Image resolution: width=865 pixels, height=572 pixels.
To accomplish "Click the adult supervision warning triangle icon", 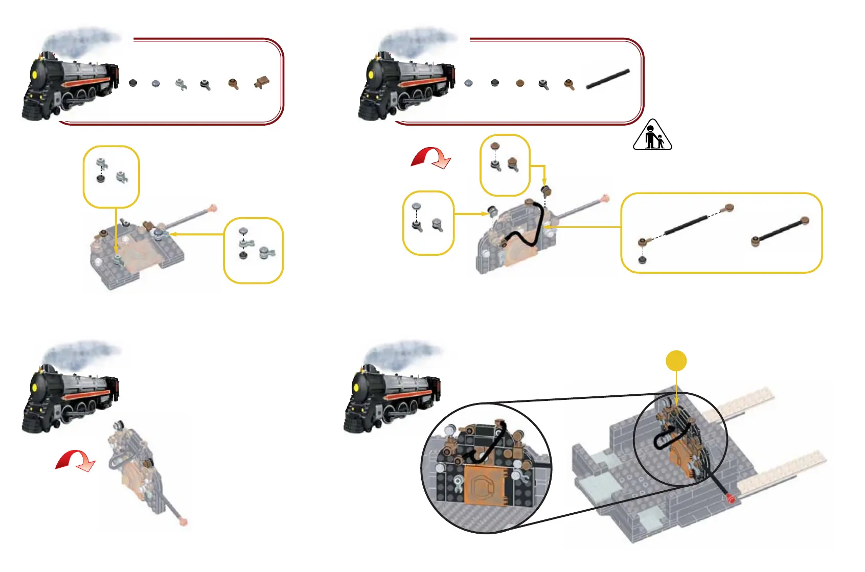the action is pyautogui.click(x=652, y=135).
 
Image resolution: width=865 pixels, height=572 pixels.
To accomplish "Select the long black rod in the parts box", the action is pyautogui.click(x=607, y=80).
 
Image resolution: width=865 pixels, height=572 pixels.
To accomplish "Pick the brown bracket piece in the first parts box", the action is pyautogui.click(x=262, y=82).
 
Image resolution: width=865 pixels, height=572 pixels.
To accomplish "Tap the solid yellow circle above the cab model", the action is pyautogui.click(x=676, y=361).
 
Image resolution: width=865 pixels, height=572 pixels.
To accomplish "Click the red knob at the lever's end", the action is pyautogui.click(x=731, y=499).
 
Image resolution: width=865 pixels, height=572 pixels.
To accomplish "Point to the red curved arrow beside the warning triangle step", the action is pyautogui.click(x=431, y=157).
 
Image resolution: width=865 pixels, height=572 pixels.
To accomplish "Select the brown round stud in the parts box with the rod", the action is pyautogui.click(x=520, y=83).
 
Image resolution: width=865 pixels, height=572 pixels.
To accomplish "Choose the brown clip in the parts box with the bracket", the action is pyautogui.click(x=234, y=84).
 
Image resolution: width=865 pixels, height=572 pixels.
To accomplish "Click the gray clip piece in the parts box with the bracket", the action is pyautogui.click(x=180, y=84).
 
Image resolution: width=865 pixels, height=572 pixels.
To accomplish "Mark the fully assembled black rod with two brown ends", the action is pyautogui.click(x=780, y=231).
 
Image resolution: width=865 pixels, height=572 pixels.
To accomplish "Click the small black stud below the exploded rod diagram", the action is pyautogui.click(x=643, y=260).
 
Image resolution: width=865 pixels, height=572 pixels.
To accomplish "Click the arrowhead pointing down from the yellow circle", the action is pyautogui.click(x=676, y=402).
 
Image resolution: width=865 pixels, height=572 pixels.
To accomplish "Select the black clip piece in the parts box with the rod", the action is pyautogui.click(x=544, y=85).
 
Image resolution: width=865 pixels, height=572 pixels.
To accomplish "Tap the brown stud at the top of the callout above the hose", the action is pyautogui.click(x=494, y=146).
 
